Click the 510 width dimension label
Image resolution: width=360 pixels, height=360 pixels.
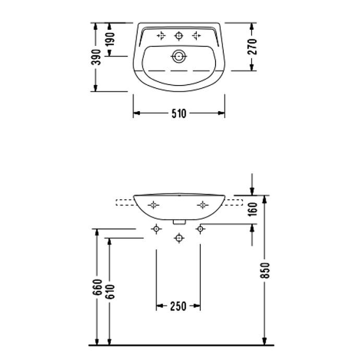tap(178, 113)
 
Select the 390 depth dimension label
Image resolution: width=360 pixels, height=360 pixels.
tap(96, 57)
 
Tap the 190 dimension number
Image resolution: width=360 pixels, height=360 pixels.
tap(110, 39)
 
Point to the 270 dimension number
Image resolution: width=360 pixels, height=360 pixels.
tap(252, 46)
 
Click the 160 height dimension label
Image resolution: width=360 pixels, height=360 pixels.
tap(253, 209)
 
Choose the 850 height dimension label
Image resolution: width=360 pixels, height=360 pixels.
tap(265, 270)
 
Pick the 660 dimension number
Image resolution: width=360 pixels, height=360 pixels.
tap(97, 287)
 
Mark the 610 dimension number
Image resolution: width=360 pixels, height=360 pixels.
tap(110, 292)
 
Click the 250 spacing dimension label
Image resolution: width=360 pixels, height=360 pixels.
tap(178, 306)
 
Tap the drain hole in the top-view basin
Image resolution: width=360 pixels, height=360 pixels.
tap(179, 56)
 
